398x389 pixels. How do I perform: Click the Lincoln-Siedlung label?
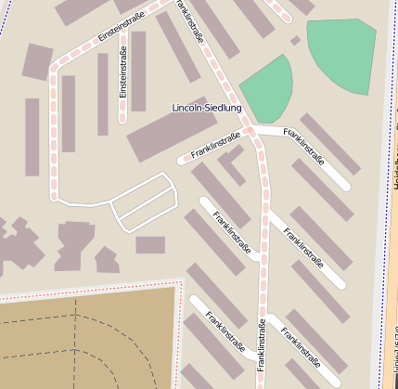point(207,108)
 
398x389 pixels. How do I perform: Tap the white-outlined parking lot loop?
point(144,202)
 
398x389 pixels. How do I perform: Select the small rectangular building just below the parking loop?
point(150,245)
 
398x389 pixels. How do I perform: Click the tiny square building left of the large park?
point(295,41)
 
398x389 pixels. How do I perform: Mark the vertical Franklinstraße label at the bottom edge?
point(262,345)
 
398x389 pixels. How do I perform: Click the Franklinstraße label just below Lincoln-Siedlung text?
point(215,145)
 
